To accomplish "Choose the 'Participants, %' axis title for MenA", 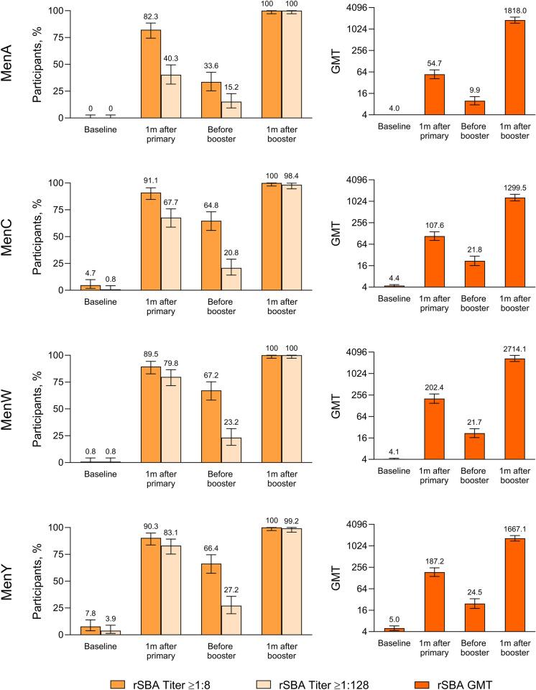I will [42, 63].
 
